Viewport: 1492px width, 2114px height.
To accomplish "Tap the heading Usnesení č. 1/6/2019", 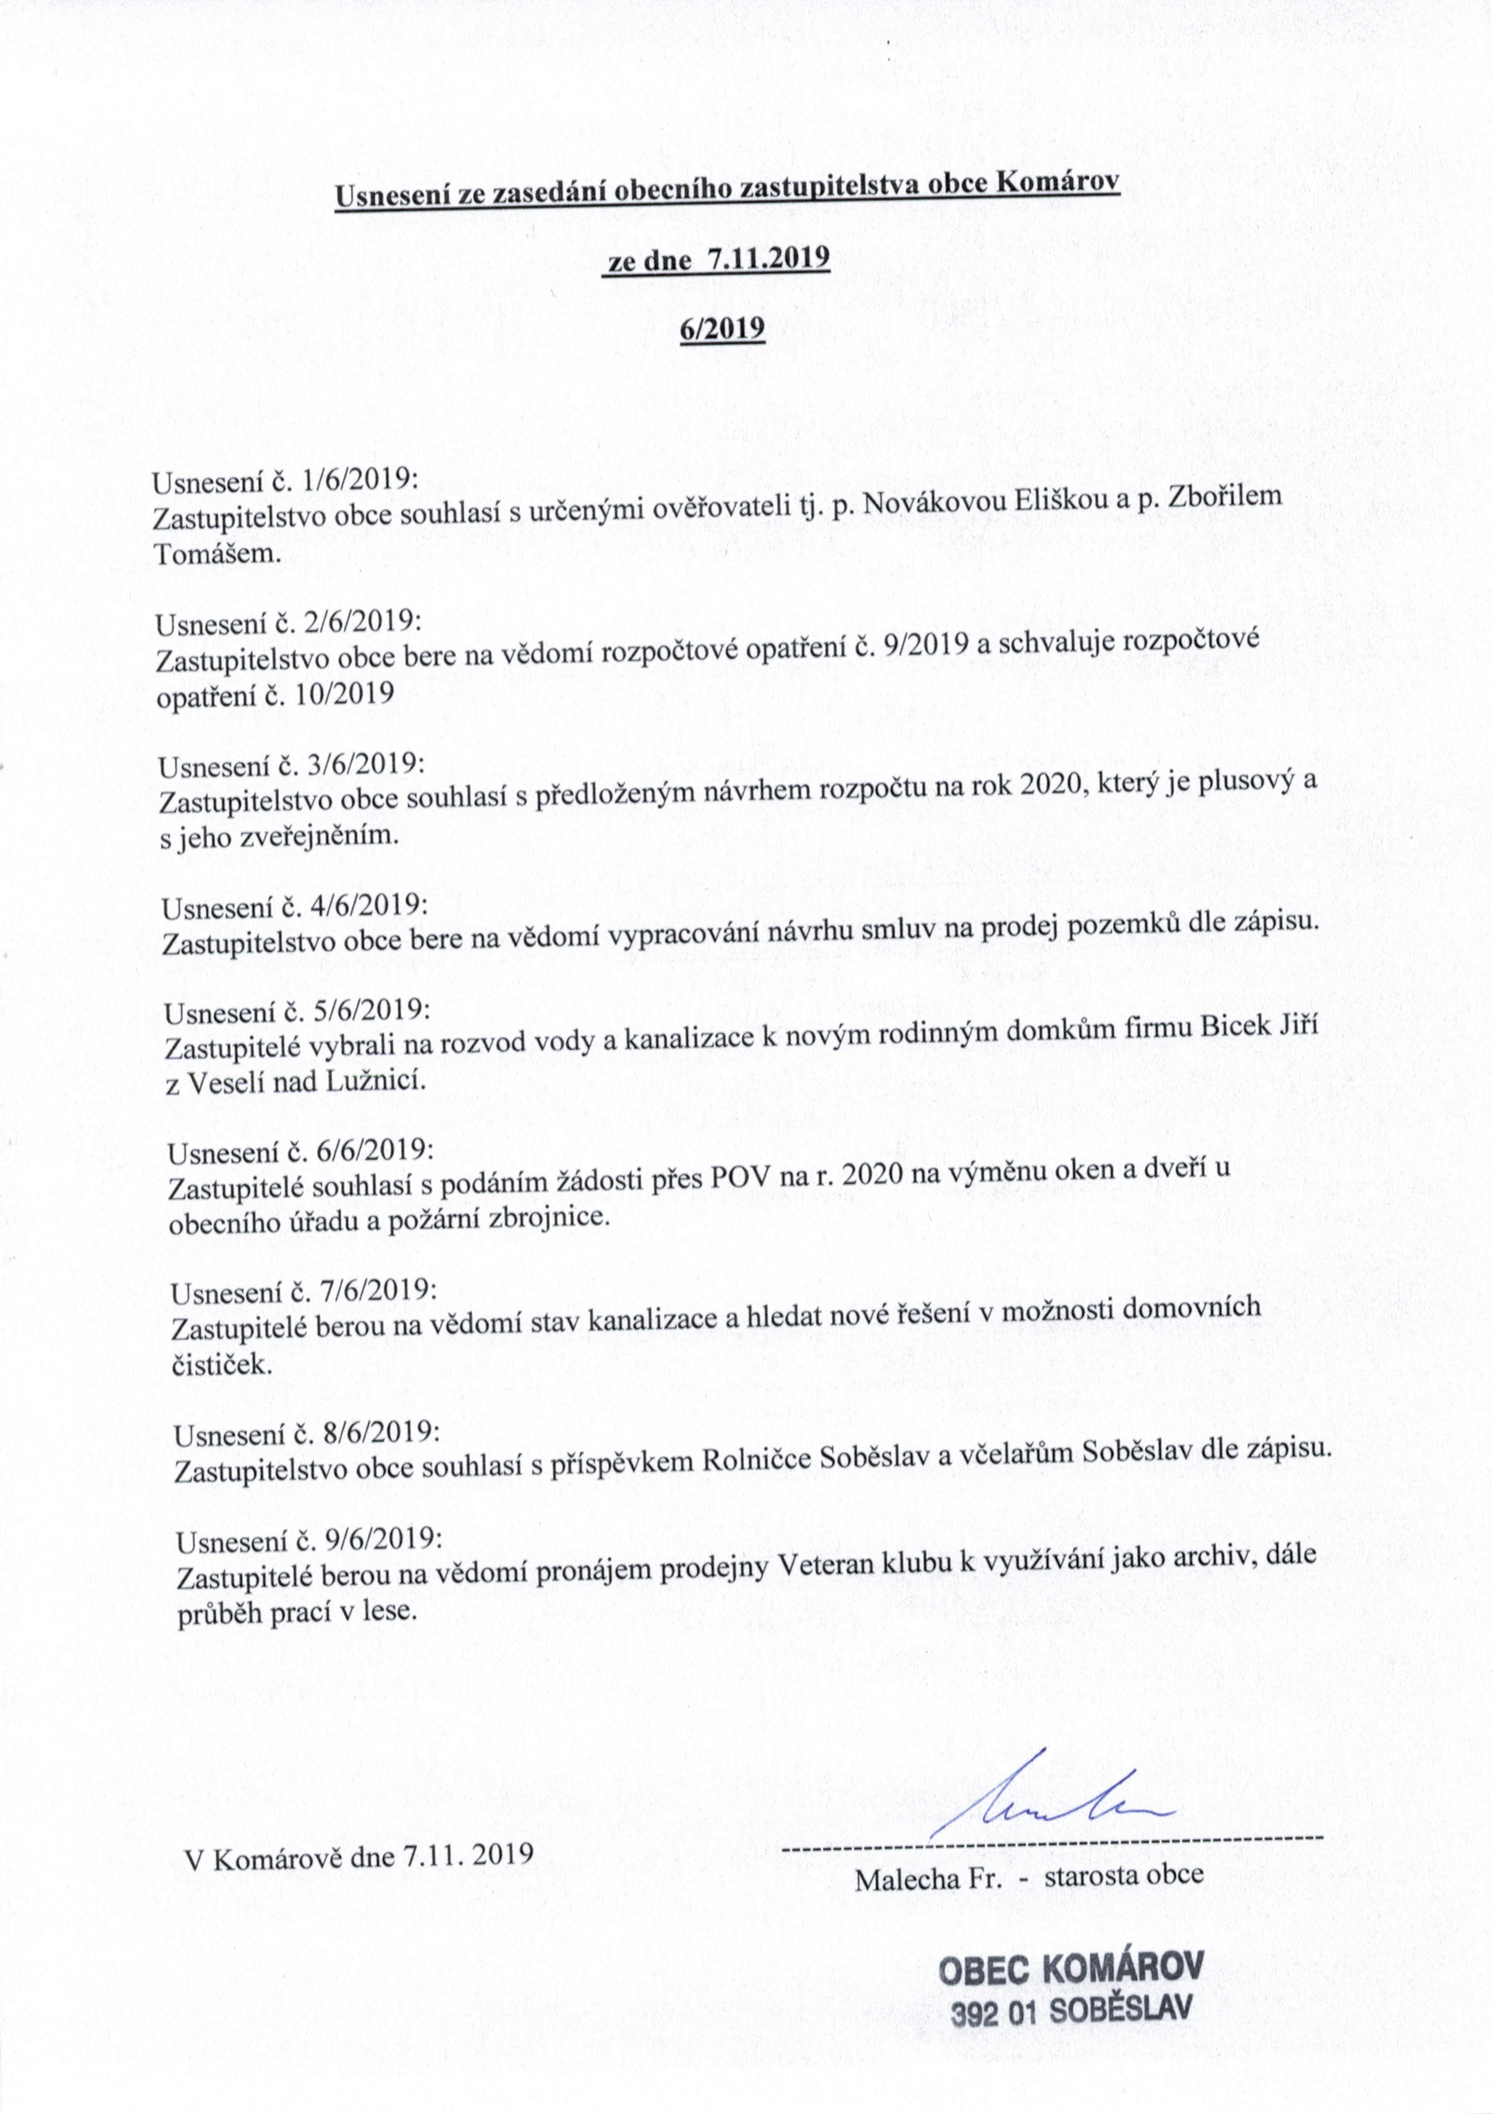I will coord(286,481).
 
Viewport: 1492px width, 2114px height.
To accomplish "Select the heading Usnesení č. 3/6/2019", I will coord(291,765).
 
